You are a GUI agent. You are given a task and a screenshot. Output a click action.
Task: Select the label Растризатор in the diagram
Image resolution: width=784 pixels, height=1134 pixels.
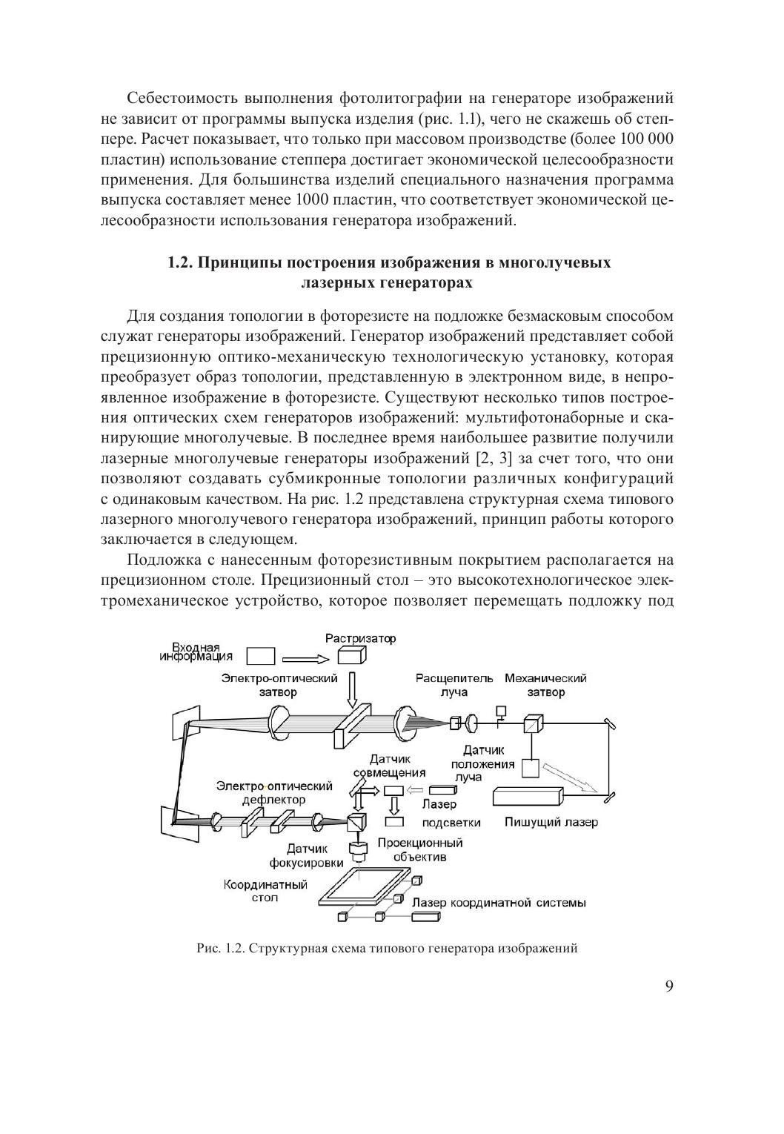click(x=361, y=638)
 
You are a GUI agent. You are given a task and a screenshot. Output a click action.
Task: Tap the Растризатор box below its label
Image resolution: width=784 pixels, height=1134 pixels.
click(x=352, y=656)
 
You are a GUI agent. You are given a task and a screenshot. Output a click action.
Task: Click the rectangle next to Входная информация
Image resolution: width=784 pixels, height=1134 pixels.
click(x=260, y=656)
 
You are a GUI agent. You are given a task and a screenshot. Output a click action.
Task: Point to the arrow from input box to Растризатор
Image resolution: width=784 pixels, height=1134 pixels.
click(x=305, y=657)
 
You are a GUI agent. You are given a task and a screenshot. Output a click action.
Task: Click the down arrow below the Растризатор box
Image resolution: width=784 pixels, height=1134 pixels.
click(x=352, y=689)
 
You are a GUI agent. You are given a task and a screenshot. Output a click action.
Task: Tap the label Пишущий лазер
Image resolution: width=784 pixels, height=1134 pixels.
click(x=551, y=822)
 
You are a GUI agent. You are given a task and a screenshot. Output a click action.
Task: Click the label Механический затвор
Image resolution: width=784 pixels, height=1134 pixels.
click(x=545, y=685)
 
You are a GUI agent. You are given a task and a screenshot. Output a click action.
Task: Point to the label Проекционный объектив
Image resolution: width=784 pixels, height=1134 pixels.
click(x=419, y=849)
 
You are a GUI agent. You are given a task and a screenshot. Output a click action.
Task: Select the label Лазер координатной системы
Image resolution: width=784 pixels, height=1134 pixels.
click(x=499, y=903)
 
